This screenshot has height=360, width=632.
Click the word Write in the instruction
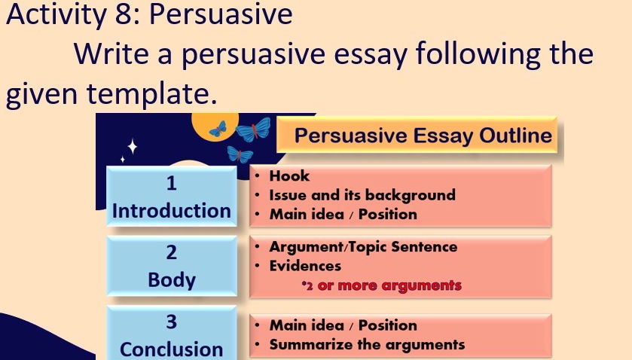114,54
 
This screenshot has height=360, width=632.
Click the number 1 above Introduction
171,184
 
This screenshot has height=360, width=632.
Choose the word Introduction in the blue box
171,211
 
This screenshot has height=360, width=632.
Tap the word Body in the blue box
171,279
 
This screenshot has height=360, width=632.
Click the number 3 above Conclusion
171,322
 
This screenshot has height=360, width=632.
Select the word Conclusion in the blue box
171,349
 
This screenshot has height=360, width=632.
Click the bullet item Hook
289,175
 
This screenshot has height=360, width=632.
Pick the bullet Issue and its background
362,195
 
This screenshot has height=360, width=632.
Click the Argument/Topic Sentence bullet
362,246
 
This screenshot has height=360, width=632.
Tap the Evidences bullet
305,266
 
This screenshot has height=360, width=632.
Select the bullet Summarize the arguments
366,345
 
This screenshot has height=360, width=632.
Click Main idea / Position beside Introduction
343,214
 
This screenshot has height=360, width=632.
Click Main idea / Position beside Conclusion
343,325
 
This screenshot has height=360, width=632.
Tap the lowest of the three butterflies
240,155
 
